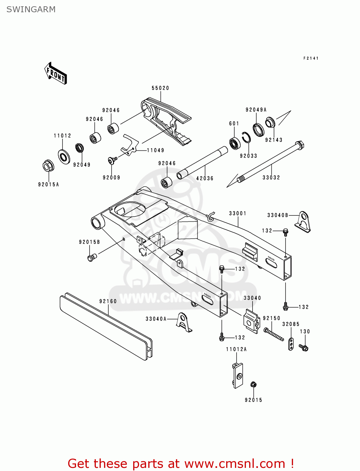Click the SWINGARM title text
point(31,9)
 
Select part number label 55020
point(160,88)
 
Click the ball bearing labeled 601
point(234,143)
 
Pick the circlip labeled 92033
point(247,138)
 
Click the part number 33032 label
point(271,177)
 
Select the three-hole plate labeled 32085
point(291,344)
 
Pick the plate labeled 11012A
point(238,375)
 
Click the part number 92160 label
point(108,301)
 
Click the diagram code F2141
point(311,58)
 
